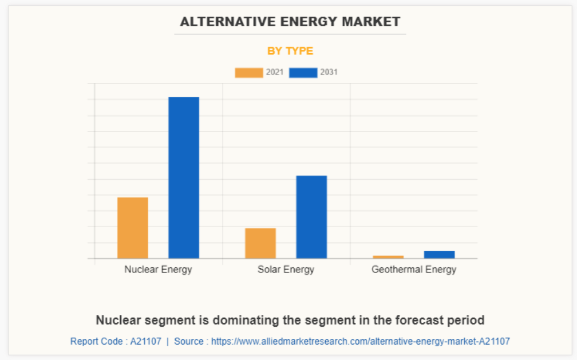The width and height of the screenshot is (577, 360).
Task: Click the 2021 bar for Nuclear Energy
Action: (133, 228)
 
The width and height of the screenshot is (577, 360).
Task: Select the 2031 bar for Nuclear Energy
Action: (184, 177)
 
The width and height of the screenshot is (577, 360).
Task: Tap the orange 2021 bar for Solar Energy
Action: (260, 243)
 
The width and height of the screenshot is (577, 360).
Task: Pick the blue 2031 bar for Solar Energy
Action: (311, 217)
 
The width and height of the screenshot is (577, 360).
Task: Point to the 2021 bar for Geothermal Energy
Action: (388, 257)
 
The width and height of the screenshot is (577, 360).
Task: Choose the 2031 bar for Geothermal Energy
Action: (439, 255)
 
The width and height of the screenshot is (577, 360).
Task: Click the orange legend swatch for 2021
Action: (248, 73)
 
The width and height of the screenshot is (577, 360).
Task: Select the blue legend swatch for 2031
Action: (303, 73)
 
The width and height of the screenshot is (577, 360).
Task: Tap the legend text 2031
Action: (329, 73)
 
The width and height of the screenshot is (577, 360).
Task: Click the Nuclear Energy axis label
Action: (158, 270)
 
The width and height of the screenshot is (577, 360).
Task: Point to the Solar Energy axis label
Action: (286, 270)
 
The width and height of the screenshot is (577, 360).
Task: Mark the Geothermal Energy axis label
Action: (414, 270)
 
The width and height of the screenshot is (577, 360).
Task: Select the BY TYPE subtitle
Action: (290, 51)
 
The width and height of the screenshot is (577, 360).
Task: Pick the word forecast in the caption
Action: (419, 320)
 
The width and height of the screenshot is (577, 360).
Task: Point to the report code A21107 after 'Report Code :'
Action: (145, 341)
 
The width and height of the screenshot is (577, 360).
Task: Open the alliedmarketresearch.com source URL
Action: (360, 341)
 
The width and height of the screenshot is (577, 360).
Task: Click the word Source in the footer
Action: (189, 341)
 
